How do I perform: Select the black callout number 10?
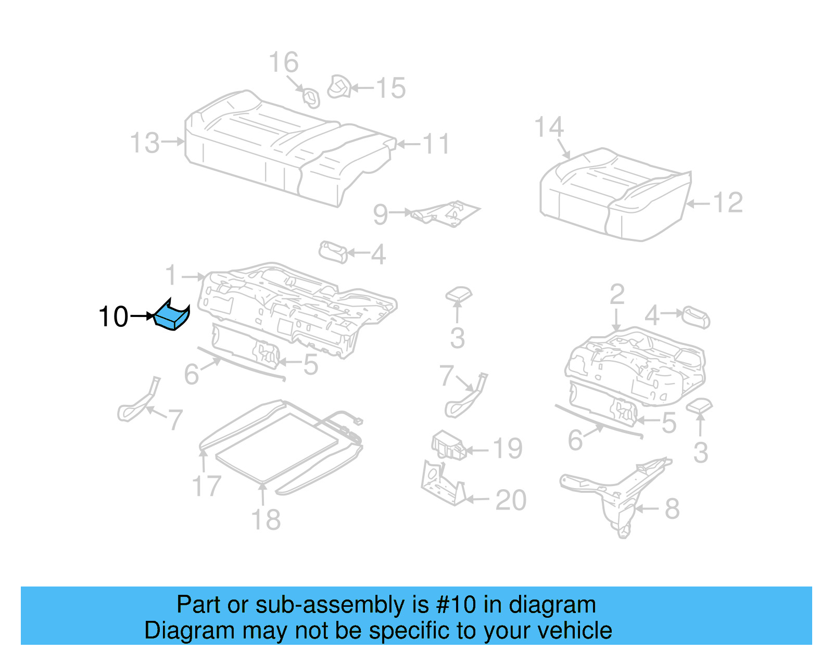click(113, 316)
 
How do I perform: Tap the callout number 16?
click(284, 62)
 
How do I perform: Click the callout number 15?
click(390, 88)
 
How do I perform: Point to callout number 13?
click(145, 143)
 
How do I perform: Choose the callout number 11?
click(436, 144)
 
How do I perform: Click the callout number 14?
click(549, 127)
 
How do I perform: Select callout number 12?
click(728, 202)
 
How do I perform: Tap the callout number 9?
click(381, 214)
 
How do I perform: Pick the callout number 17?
click(207, 486)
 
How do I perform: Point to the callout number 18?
click(266, 519)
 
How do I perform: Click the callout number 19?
click(508, 449)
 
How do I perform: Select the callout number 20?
click(511, 500)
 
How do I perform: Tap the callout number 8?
click(672, 508)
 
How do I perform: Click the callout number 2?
click(617, 295)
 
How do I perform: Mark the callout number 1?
click(171, 274)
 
